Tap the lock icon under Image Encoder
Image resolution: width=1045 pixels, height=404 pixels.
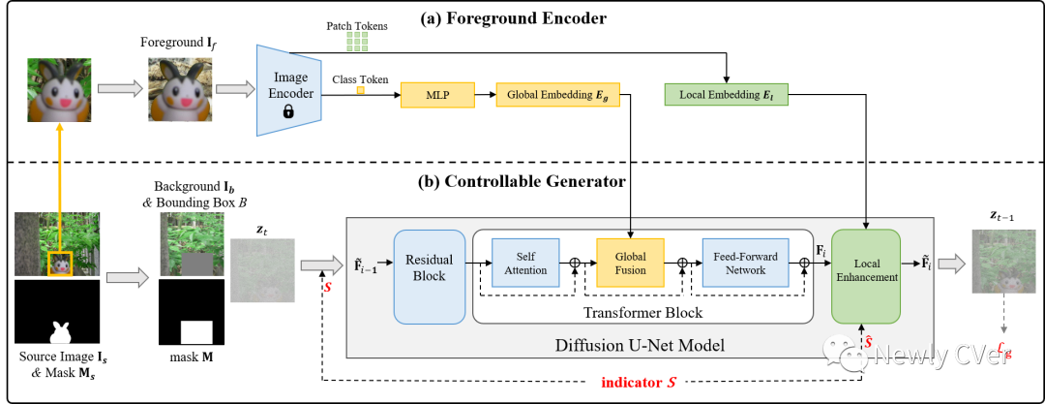pyautogui.click(x=288, y=111)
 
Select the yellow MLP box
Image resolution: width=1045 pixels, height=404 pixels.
pyautogui.click(x=437, y=94)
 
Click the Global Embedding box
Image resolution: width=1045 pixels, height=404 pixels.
pyautogui.click(x=557, y=94)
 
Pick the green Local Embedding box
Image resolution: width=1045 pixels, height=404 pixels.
pyautogui.click(x=726, y=94)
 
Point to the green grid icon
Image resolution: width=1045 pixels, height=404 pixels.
pyautogui.click(x=357, y=41)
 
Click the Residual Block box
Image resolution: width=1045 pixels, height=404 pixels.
pyautogui.click(x=429, y=269)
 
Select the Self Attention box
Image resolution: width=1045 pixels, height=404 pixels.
pyautogui.click(x=526, y=263)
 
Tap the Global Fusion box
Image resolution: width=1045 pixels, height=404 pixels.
pyautogui.click(x=630, y=263)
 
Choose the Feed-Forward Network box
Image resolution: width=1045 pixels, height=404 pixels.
pyautogui.click(x=745, y=263)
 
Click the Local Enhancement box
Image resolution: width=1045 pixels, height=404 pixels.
pyautogui.click(x=866, y=270)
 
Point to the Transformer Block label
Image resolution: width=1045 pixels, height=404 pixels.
pyautogui.click(x=642, y=313)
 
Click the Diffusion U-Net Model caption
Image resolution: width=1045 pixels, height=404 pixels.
pyautogui.click(x=639, y=346)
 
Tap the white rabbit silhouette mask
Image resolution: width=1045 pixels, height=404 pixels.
pyautogui.click(x=61, y=333)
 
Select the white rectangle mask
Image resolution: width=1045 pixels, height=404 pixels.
pyautogui.click(x=196, y=332)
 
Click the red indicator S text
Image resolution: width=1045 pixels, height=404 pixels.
pyautogui.click(x=638, y=383)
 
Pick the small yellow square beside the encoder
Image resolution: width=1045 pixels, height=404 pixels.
pyautogui.click(x=360, y=90)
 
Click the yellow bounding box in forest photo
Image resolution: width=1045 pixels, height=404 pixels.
pyautogui.click(x=60, y=264)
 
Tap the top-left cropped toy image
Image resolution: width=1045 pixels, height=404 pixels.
pyautogui.click(x=59, y=90)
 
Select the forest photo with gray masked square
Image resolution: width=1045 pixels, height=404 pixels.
pyautogui.click(x=192, y=244)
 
